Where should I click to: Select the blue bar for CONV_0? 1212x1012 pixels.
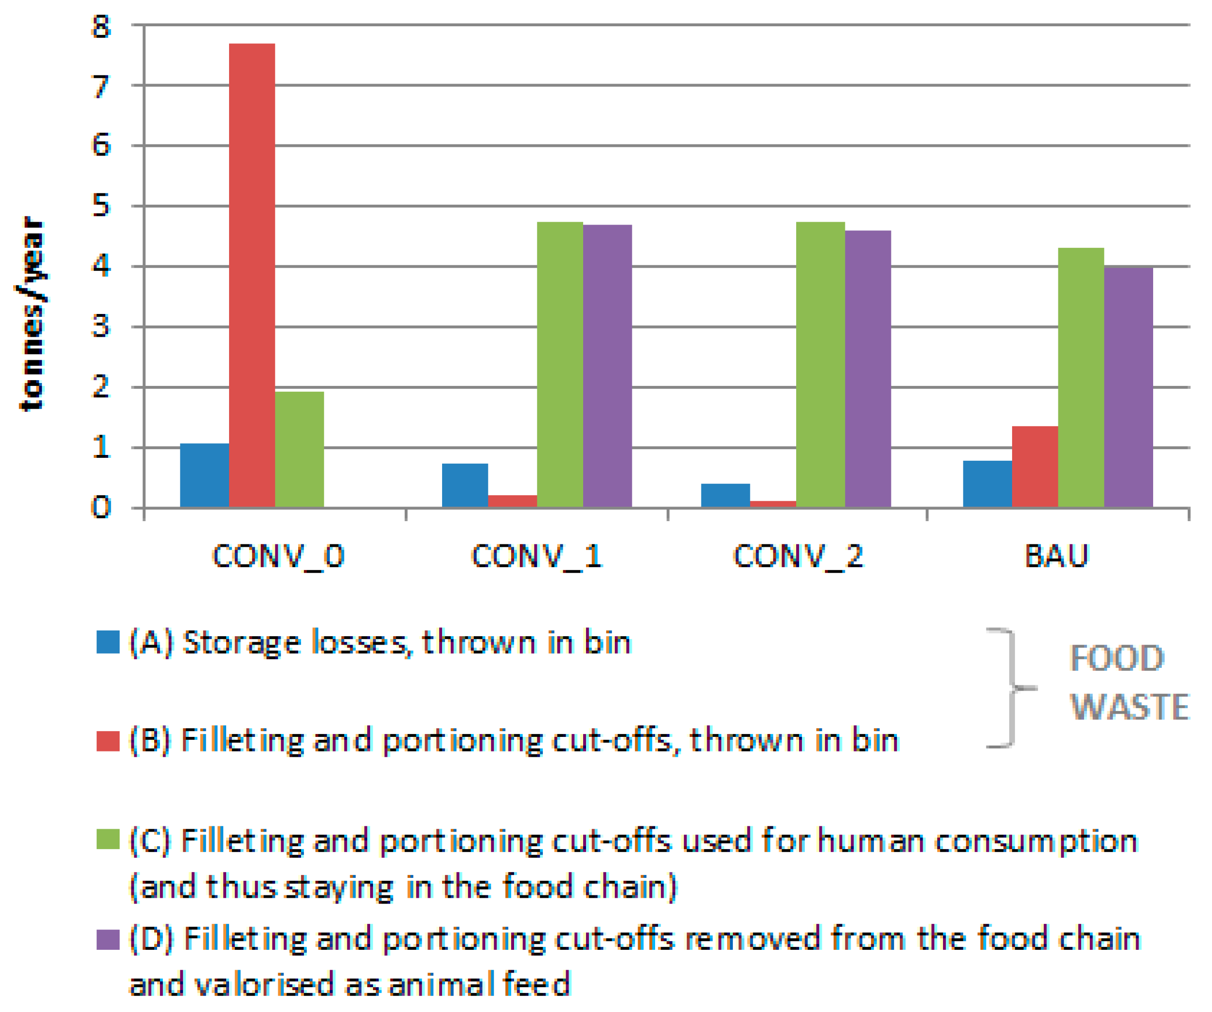tap(204, 475)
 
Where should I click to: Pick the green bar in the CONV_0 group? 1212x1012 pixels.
tap(299, 450)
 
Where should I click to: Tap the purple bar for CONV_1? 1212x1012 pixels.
tap(607, 366)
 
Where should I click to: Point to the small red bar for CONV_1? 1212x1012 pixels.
tap(512, 501)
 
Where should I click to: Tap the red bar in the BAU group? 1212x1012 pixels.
tap(1034, 467)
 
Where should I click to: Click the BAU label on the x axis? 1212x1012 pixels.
tap(1056, 556)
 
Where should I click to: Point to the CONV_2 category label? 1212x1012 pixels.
tap(798, 556)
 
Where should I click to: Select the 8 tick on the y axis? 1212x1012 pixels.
tap(101, 27)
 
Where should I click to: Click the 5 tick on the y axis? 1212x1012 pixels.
tap(101, 206)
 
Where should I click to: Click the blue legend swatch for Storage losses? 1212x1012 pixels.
tap(108, 642)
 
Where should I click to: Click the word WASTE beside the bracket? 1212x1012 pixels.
tap(1129, 707)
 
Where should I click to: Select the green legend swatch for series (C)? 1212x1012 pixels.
tap(108, 839)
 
